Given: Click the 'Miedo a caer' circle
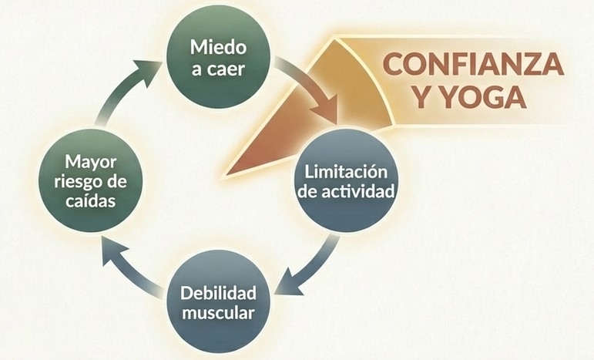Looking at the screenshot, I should (219, 57).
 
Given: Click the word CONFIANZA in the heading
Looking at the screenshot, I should (473, 64).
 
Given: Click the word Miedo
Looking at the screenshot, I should (219, 46).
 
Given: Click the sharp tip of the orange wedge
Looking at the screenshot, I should (227, 172).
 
